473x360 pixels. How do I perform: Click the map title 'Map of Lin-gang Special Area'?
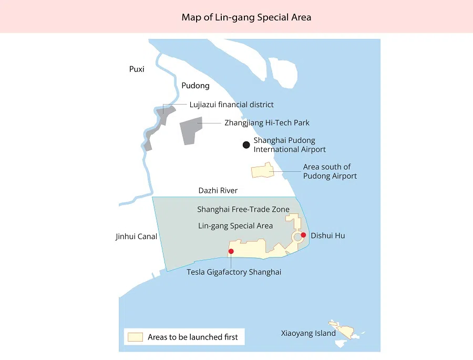(246, 17)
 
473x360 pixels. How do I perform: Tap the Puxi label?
(137, 69)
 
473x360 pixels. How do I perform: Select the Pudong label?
(196, 86)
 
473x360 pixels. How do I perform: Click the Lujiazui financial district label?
(232, 105)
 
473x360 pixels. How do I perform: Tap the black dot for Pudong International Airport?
(246, 145)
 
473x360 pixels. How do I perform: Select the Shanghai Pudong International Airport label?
(290, 145)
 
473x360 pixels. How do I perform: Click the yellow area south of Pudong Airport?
(262, 171)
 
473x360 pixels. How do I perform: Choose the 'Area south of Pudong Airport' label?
(330, 171)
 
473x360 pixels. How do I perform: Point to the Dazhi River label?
(218, 191)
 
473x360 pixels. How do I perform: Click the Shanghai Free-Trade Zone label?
(243, 209)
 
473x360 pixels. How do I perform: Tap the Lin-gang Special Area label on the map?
(235, 226)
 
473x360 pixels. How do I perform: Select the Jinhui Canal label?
(136, 236)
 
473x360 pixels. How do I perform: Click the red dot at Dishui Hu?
(303, 234)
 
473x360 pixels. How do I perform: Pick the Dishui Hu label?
(328, 236)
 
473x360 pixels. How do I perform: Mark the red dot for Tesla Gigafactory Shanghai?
(231, 251)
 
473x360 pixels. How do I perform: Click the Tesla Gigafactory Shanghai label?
(234, 272)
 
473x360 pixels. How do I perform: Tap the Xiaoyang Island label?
(308, 333)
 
